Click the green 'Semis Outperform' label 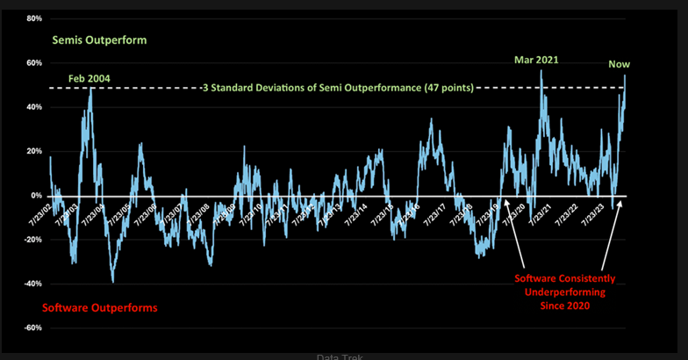coord(99,40)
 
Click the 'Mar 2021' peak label coord(536,61)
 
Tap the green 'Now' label coord(620,63)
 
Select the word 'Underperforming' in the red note coord(570,293)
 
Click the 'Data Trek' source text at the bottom coord(340,356)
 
